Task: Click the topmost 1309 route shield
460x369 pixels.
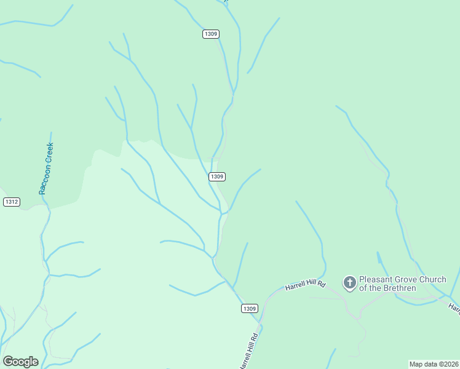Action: click(x=210, y=34)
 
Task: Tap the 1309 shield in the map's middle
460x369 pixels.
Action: click(x=216, y=177)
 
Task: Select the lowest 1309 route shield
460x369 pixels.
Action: click(x=249, y=308)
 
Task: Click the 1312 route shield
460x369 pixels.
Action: click(x=11, y=202)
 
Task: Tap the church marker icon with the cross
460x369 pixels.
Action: click(x=349, y=283)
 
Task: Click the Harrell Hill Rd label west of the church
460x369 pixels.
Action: click(x=304, y=286)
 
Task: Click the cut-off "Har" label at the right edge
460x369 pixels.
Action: click(x=454, y=306)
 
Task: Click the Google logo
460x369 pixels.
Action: click(x=21, y=362)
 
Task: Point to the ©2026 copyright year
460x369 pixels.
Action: click(x=448, y=364)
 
